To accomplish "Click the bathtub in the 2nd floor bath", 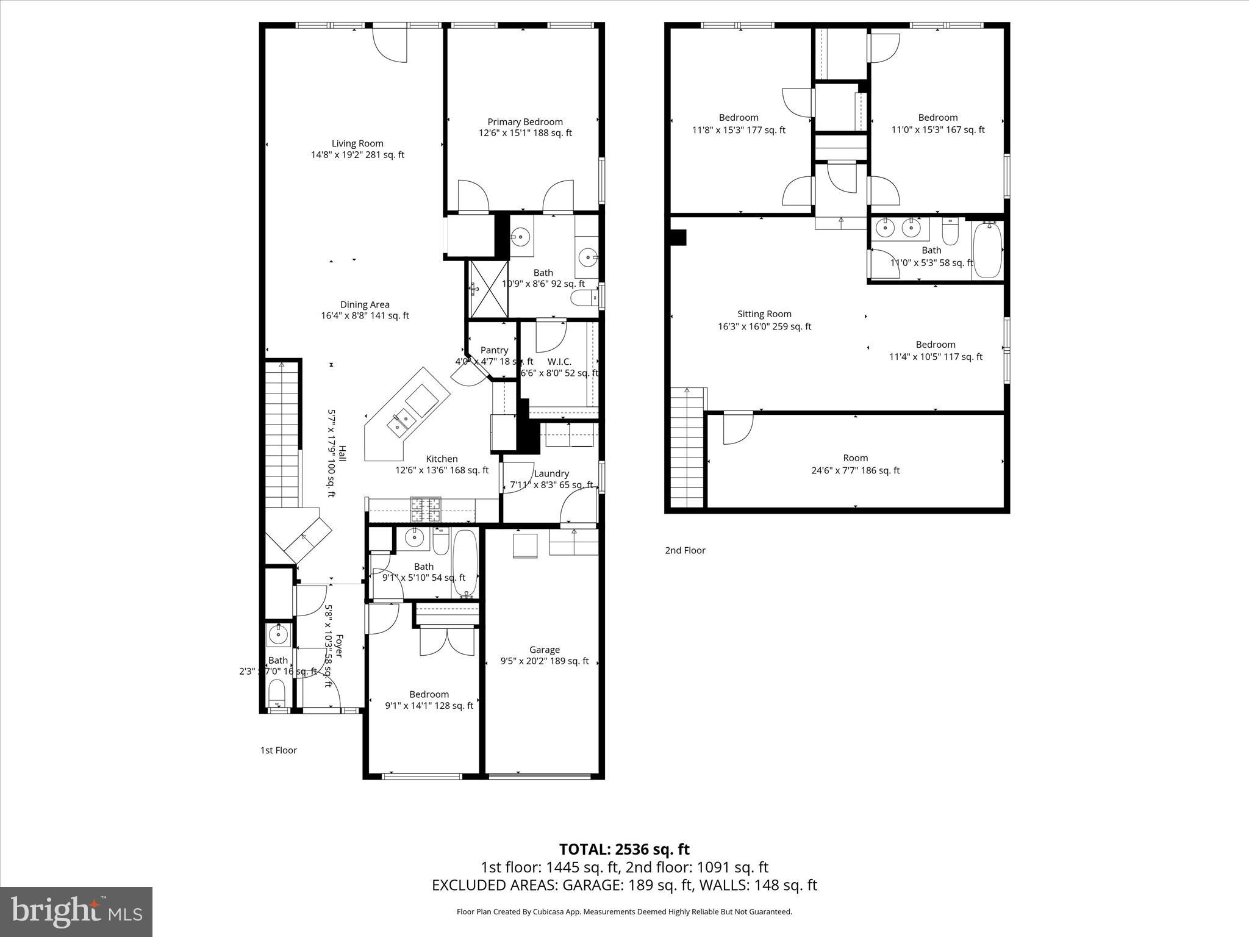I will click(x=987, y=250).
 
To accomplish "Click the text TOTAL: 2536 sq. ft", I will click(x=624, y=849).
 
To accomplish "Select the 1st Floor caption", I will click(x=278, y=750).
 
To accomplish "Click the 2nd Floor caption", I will click(x=685, y=550).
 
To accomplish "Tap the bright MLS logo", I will click(x=76, y=911).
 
